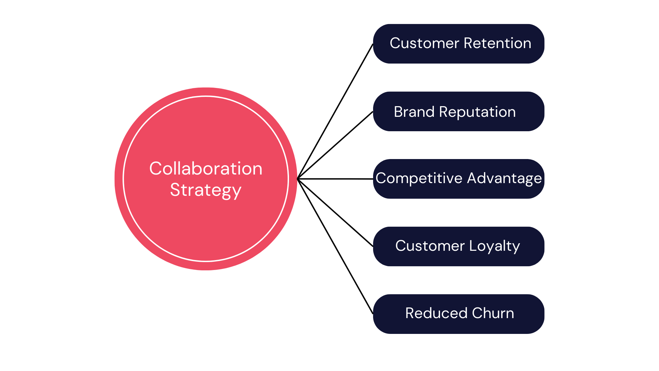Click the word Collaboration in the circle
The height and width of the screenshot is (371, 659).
pos(206,169)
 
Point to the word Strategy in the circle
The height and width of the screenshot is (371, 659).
pos(206,190)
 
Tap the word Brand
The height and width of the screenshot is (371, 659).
pos(414,112)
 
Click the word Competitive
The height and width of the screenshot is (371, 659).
pos(419,178)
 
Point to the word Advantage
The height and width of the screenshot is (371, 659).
pos(504,178)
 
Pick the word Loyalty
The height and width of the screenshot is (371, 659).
pos(494,246)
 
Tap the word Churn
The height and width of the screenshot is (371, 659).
pos(493,313)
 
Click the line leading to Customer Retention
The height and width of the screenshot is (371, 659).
pos(335,111)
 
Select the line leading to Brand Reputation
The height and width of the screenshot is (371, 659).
pos(335,145)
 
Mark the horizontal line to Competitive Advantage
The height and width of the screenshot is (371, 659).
pos(335,179)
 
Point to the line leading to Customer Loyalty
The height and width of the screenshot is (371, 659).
pos(335,213)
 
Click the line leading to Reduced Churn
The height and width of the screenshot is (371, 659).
pos(335,246)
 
